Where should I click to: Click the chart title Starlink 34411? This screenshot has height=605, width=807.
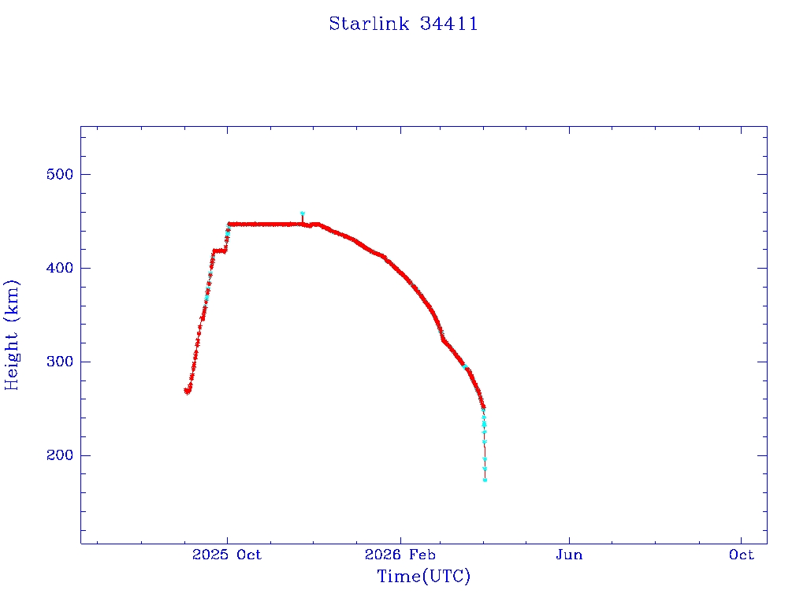click(x=403, y=24)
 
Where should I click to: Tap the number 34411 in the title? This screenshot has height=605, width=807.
click(x=448, y=24)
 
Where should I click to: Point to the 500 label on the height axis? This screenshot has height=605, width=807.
click(x=60, y=174)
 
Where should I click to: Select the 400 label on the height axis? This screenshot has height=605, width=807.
click(x=60, y=268)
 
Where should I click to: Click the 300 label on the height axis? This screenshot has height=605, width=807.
click(x=60, y=362)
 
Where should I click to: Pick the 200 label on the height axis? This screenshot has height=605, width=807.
click(x=60, y=455)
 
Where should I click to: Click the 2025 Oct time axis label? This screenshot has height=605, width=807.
click(x=227, y=555)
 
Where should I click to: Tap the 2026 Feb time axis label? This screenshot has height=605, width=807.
click(x=400, y=555)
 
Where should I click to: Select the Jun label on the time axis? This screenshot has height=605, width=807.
click(x=569, y=555)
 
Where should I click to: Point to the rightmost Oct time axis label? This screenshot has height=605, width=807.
click(x=741, y=555)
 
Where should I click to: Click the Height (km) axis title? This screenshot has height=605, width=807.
click(x=11, y=335)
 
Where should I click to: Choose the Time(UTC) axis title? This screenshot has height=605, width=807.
click(x=423, y=576)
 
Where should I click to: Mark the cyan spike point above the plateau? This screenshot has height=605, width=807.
click(x=302, y=213)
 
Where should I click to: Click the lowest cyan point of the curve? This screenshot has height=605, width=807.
click(x=485, y=480)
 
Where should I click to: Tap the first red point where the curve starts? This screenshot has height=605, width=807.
click(x=186, y=391)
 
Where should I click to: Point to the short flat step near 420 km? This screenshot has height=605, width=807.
click(x=219, y=251)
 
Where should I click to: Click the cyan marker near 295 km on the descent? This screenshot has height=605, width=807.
click(x=465, y=366)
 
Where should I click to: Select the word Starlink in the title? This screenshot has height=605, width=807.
click(x=369, y=24)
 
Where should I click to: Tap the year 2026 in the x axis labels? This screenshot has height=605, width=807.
click(x=382, y=555)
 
